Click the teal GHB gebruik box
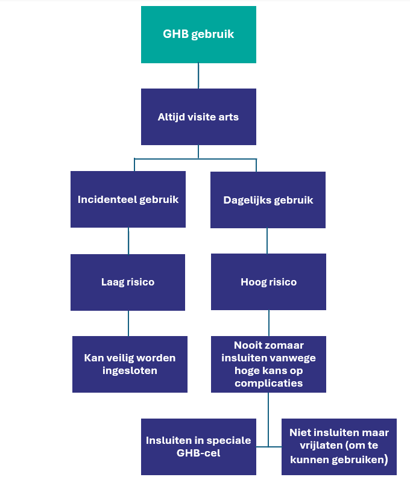pos(198,34)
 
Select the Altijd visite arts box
pos(198,117)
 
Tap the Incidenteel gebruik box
pos(128,199)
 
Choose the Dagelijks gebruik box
pos(268,200)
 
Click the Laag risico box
pos(128,282)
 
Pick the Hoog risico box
pos(268,282)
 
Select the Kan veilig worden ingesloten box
pos(130,364)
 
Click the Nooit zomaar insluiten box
pos(268,364)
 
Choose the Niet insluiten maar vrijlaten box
pos(339,446)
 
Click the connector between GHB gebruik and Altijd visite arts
pos(198,76)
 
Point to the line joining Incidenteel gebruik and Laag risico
pos(128,241)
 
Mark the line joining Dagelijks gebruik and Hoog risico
pos(268,241)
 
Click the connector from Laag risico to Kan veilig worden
pos(128,323)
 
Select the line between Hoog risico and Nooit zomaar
pos(268,323)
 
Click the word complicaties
pos(268,383)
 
